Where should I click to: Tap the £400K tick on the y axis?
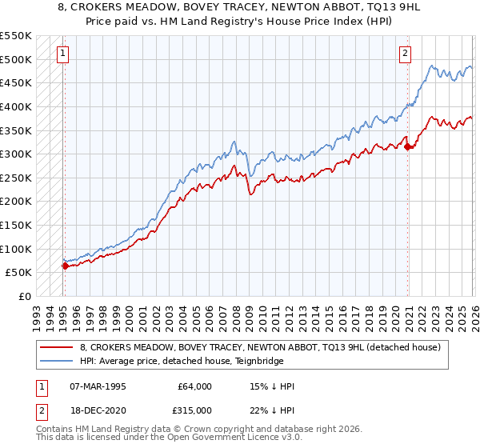[x=16, y=106]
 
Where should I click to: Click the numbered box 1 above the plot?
[x=62, y=54]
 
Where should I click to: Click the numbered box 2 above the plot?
[x=406, y=54]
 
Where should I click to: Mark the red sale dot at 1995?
[x=65, y=266]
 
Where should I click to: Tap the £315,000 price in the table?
[x=196, y=409]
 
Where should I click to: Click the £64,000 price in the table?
[x=196, y=386]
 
